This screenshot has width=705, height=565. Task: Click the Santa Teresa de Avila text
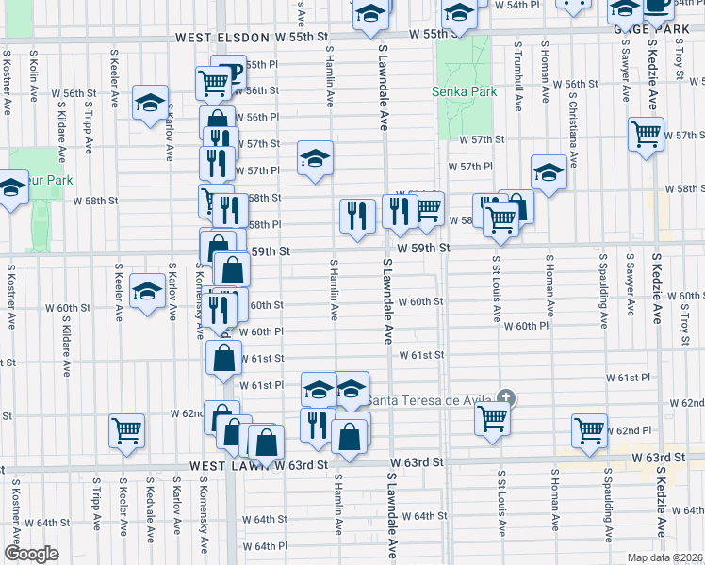coord(429,399)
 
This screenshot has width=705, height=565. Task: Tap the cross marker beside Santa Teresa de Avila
coord(507,398)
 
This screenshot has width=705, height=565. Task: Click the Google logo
coord(31,554)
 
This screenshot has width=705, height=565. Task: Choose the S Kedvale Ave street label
coord(148,508)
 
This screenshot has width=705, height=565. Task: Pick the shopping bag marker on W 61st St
coord(223,359)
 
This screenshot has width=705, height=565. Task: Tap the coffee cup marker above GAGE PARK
coord(656,5)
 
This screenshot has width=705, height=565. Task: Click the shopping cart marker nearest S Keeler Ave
coord(126,430)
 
